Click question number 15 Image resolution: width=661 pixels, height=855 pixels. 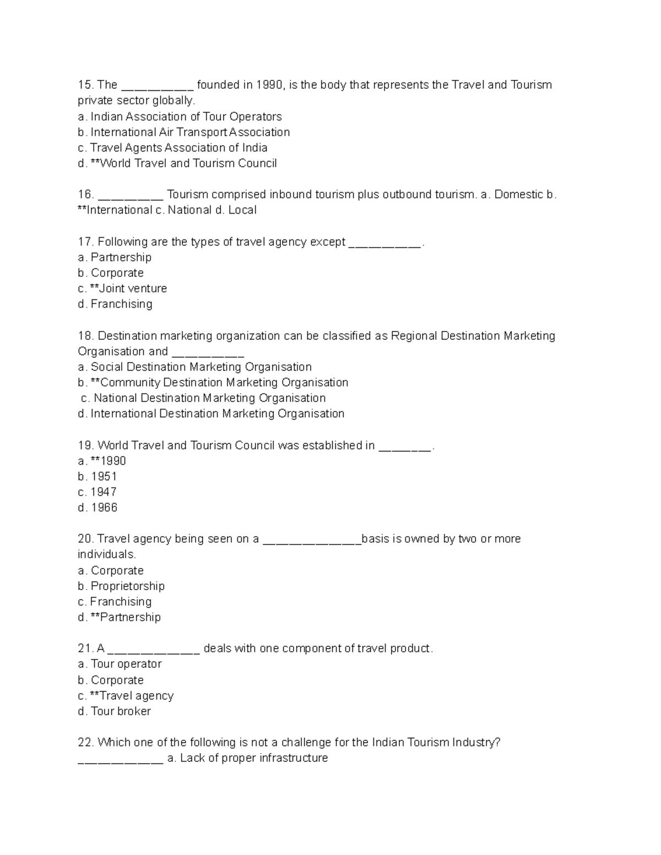point(85,85)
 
